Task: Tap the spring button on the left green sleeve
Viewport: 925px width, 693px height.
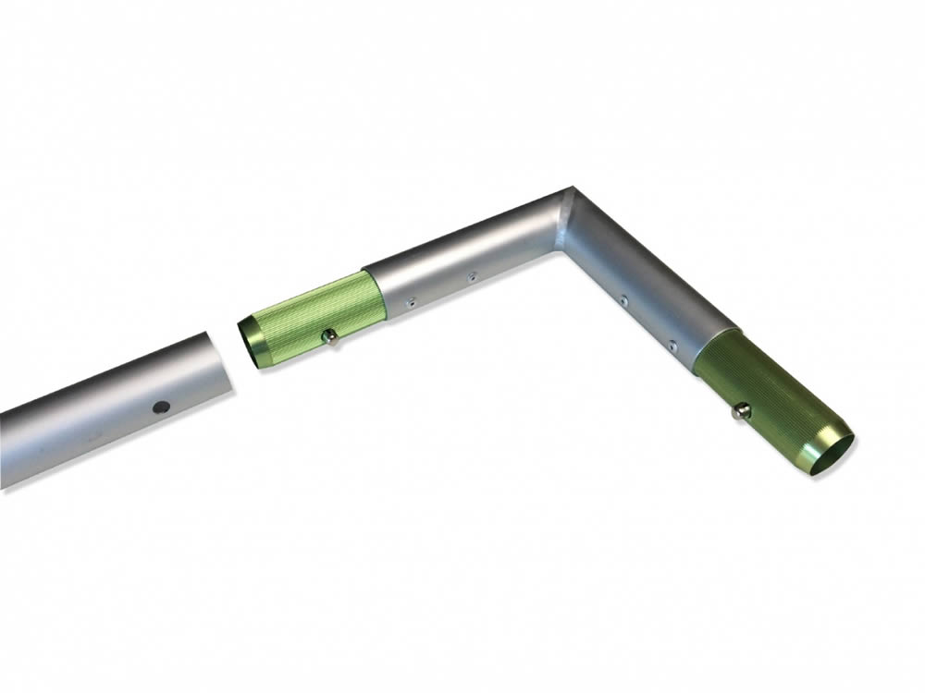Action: click(328, 339)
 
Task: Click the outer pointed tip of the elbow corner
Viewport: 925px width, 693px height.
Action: click(571, 188)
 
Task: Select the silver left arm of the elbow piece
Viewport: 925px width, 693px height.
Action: click(462, 259)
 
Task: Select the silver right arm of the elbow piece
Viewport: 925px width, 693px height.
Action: click(647, 286)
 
